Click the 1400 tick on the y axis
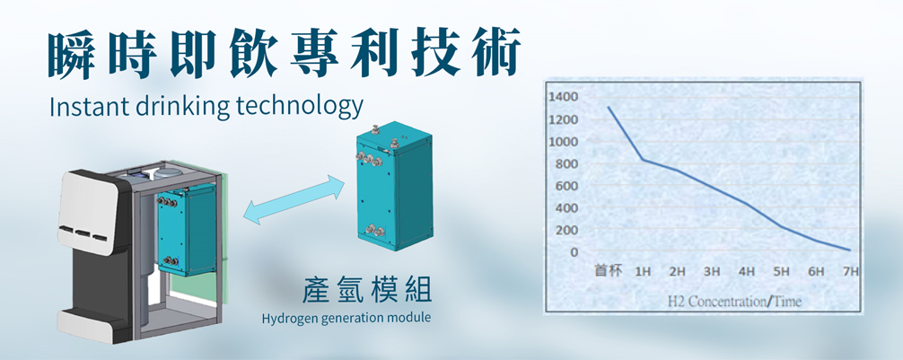pos(563,97)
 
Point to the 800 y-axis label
pos(566,164)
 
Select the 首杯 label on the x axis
pos(609,271)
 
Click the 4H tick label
pos(747,272)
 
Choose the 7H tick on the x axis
pos(851,272)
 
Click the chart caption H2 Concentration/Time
pos(734,302)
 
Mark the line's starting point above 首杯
pos(609,107)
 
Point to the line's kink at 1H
pos(643,160)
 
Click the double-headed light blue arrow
pos(294,200)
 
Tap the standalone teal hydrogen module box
pos(394,186)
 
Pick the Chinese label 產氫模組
pos(367,290)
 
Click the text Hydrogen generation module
pos(346,319)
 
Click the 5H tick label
pos(782,272)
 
